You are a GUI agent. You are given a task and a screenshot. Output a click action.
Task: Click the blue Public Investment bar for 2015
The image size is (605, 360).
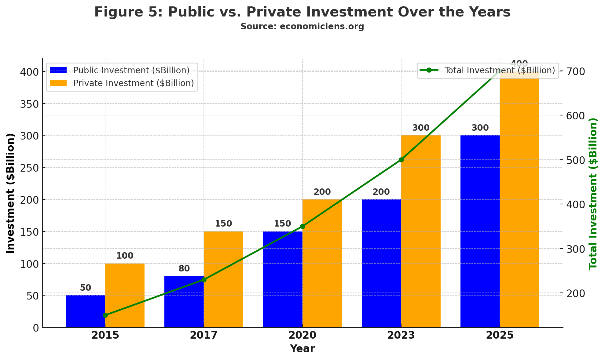pos(85,311)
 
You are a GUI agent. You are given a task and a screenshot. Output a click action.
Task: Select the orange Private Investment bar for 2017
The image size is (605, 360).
pos(223,279)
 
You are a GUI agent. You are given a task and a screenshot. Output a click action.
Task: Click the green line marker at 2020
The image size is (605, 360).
pos(302,226)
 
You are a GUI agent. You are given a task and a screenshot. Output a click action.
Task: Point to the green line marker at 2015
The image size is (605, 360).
pos(105,315)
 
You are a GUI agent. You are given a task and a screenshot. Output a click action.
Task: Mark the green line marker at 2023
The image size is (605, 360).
pos(401,160)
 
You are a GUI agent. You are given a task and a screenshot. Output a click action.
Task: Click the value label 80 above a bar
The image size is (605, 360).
pos(184,269)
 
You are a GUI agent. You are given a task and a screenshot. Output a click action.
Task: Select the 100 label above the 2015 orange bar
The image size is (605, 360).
pos(125,256)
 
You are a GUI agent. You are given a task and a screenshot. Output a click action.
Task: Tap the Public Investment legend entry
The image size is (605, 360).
pos(131,71)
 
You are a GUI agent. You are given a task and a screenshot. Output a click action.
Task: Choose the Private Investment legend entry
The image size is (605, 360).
pos(134,83)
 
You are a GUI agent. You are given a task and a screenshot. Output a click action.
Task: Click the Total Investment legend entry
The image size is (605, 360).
pos(499,71)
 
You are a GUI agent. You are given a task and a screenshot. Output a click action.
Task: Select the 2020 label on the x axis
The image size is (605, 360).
pos(302,335)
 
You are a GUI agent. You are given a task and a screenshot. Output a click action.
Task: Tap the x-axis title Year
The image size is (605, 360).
pos(302,348)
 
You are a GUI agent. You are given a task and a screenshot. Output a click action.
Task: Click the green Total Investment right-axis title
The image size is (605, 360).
pos(593,193)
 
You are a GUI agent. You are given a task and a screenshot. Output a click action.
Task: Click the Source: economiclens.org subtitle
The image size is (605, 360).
pos(302,27)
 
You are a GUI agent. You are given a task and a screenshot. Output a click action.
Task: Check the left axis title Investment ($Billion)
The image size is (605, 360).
pos(11,193)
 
